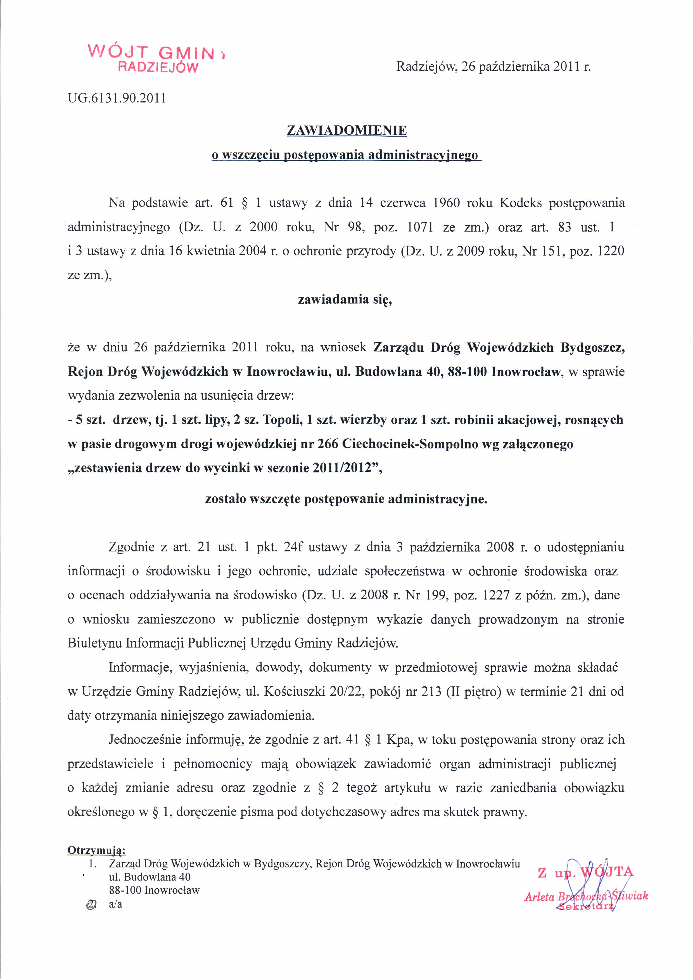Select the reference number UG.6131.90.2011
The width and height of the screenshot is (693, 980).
coord(117,99)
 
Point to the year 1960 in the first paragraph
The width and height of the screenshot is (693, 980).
coord(446,203)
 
